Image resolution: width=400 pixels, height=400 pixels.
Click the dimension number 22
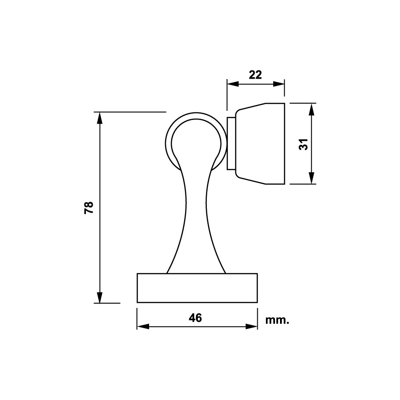tap(255, 75)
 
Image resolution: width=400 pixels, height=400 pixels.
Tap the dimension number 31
tap(304, 144)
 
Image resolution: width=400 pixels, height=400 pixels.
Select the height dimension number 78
tap(89, 208)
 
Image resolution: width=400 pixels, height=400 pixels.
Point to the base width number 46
tap(195, 318)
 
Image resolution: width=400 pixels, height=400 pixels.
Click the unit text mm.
tap(277, 320)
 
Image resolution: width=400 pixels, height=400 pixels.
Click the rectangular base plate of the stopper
tap(197, 288)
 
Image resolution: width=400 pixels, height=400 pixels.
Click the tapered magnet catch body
tap(260, 144)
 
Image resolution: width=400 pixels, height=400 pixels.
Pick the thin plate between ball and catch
tap(231, 143)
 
